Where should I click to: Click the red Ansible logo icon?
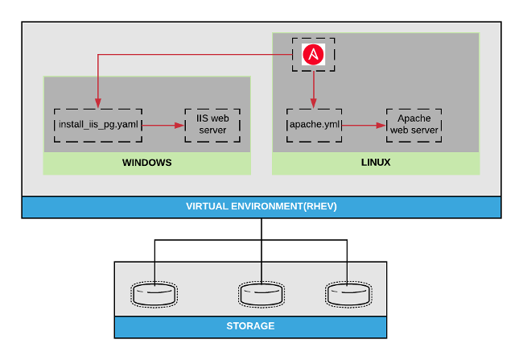(x=312, y=54)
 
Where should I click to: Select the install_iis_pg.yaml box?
(x=98, y=125)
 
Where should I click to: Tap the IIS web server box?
(x=212, y=125)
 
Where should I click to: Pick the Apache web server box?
(x=414, y=125)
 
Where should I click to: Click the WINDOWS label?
(x=146, y=163)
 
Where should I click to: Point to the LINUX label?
(x=376, y=163)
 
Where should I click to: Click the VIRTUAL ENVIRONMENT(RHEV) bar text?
(x=261, y=207)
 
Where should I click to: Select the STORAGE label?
(x=250, y=326)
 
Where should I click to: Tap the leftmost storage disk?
(x=154, y=294)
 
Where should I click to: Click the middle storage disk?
(x=261, y=294)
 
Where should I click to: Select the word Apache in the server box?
(x=414, y=119)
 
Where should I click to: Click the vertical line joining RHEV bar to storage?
(x=261, y=230)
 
